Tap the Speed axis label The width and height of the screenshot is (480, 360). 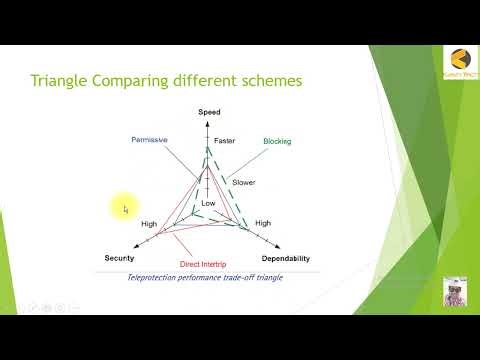209,113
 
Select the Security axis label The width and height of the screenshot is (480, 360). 119,258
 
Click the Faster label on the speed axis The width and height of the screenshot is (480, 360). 224,141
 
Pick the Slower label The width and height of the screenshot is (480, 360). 243,182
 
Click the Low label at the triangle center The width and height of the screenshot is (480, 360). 208,203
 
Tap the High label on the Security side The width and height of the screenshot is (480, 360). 149,224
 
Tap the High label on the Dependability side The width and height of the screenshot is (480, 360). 263,223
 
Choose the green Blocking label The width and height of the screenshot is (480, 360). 277,141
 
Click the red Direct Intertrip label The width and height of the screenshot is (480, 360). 207,264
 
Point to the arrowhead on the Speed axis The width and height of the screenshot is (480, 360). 208,124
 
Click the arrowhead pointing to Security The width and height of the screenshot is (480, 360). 133,247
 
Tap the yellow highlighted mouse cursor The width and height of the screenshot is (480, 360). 124,208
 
